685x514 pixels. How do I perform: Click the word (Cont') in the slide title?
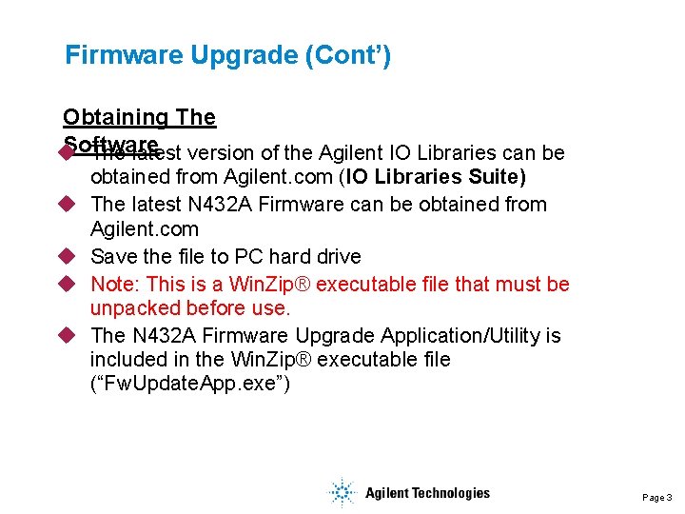tap(348, 55)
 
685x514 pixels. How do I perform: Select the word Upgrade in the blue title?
tap(244, 55)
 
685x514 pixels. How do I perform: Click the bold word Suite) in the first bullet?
tap(495, 177)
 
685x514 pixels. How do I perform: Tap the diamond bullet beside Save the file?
tap(68, 257)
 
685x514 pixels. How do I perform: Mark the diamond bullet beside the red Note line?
tap(68, 285)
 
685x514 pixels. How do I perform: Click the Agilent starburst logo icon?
tap(341, 493)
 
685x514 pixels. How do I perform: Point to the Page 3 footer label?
tap(656, 498)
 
